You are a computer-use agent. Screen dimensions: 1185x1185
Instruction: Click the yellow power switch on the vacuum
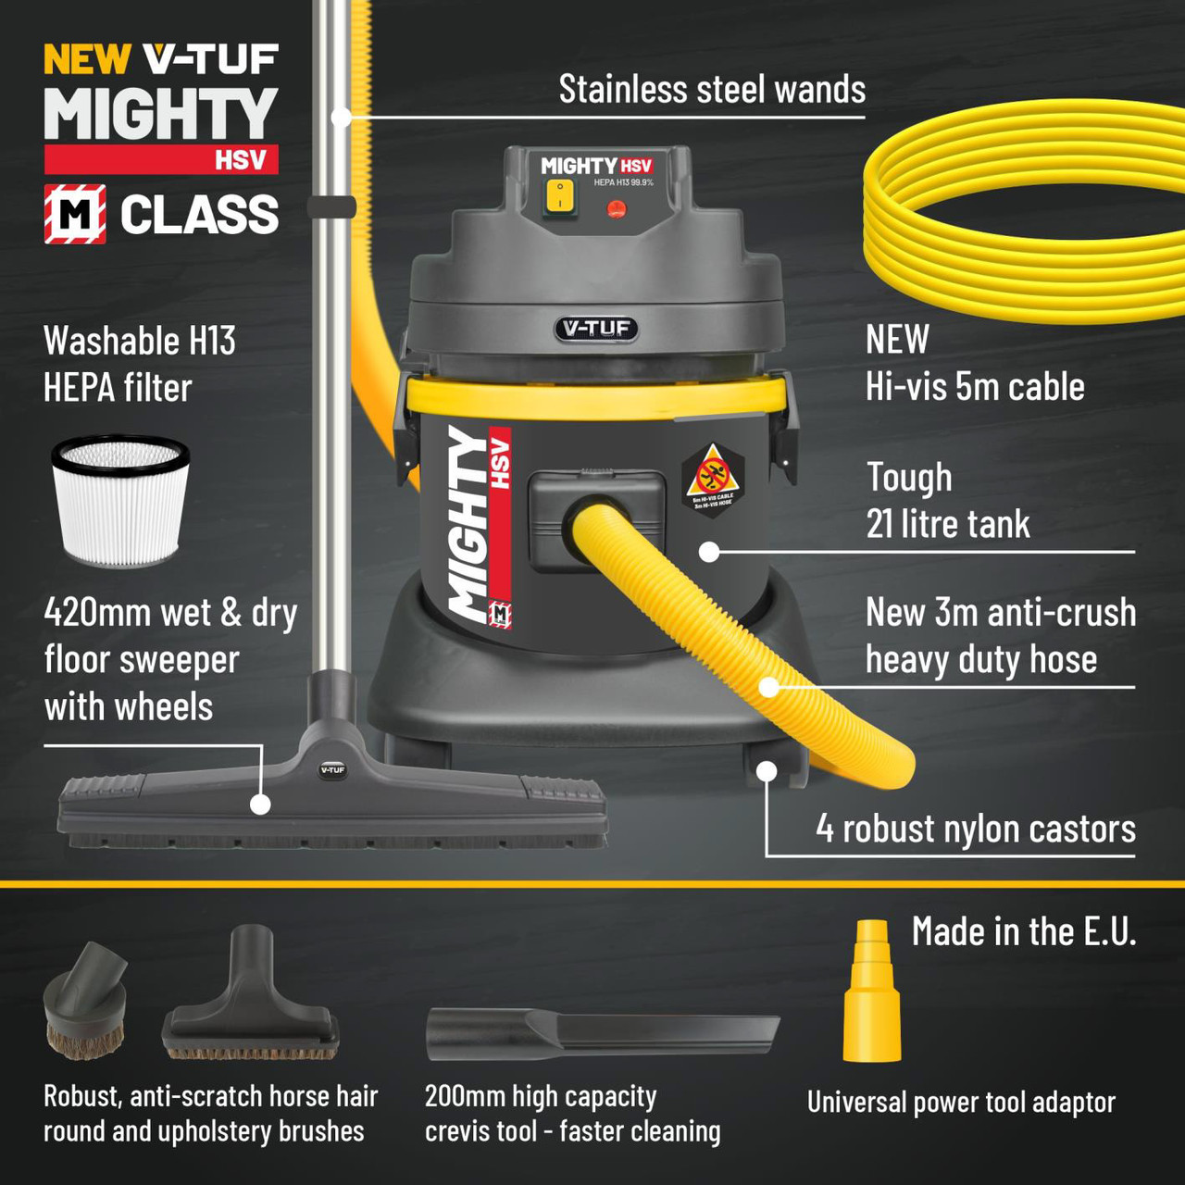(x=559, y=196)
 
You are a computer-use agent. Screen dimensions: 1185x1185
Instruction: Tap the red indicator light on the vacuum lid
(x=616, y=209)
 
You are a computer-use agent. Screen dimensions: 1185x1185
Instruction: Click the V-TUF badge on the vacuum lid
(x=596, y=329)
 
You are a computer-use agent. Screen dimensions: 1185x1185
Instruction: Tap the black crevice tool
(x=602, y=1033)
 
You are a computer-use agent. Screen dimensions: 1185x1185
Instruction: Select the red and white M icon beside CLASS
(x=75, y=214)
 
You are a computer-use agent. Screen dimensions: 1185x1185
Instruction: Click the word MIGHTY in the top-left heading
(x=161, y=115)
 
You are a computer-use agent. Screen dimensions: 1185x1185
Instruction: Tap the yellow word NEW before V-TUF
(x=87, y=60)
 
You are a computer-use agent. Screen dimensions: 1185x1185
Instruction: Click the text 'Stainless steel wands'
(x=712, y=90)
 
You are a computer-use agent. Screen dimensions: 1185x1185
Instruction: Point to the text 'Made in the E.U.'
(x=1023, y=931)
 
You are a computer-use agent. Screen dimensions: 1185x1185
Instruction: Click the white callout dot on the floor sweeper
(x=261, y=804)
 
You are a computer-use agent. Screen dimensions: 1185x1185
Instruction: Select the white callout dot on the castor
(x=767, y=771)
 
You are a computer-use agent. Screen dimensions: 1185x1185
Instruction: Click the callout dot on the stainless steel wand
(x=342, y=117)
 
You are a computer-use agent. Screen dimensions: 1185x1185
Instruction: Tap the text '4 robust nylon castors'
(x=975, y=829)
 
